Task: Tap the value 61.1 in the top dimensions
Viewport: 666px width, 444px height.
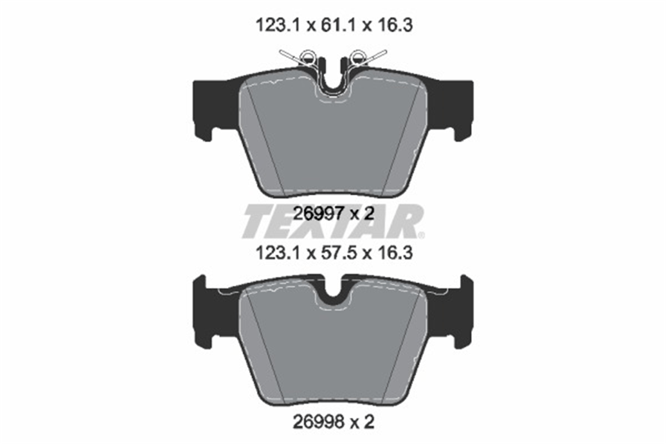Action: pyautogui.click(x=338, y=26)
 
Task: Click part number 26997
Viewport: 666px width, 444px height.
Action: pyautogui.click(x=319, y=214)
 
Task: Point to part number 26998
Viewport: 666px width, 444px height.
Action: pyautogui.click(x=319, y=422)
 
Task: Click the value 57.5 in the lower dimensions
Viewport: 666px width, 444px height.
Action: pyautogui.click(x=338, y=253)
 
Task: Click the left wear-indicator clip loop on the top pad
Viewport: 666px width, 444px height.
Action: pyautogui.click(x=307, y=56)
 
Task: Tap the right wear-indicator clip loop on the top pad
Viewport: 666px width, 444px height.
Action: pyautogui.click(x=359, y=56)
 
